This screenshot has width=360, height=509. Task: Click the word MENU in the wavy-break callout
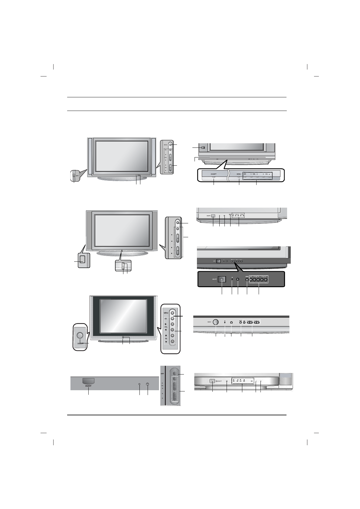tap(239, 174)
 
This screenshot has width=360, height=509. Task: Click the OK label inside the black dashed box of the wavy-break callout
tap(245, 174)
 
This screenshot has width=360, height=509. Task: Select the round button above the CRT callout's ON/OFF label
tap(80, 335)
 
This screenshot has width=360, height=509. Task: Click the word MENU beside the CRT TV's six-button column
tap(166, 313)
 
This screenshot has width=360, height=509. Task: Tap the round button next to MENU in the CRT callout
tap(172, 313)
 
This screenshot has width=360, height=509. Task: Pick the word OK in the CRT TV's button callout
tap(165, 318)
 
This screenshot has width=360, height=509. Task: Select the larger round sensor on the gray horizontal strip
tap(148, 384)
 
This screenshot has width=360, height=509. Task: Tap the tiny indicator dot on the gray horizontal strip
tap(139, 384)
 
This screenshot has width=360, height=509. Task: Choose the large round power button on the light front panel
tap(216, 322)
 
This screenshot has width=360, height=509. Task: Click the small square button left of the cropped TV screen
tap(203, 148)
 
